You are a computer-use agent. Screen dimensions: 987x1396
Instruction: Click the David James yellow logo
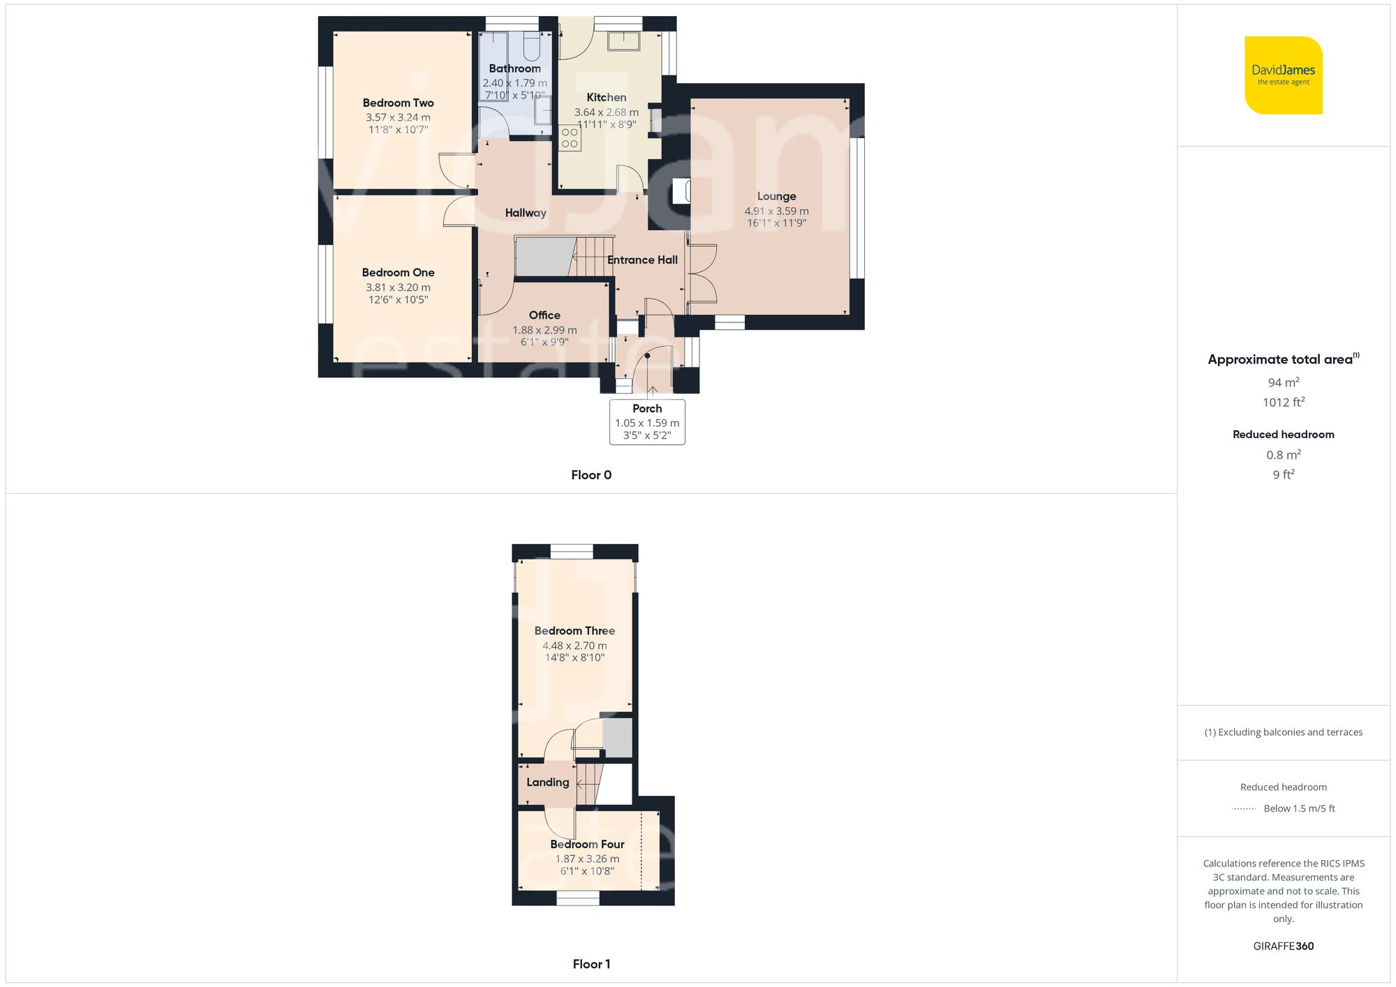(1283, 75)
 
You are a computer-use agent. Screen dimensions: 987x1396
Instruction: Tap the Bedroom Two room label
(398, 103)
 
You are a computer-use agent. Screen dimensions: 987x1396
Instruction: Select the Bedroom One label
(398, 273)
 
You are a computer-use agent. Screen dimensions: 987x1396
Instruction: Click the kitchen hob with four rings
(570, 138)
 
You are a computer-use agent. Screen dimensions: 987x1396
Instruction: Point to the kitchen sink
(623, 40)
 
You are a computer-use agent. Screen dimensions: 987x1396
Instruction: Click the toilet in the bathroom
(531, 47)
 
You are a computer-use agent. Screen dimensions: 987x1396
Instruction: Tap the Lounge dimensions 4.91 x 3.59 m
(776, 211)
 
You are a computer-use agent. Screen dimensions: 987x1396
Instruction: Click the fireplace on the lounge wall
(681, 191)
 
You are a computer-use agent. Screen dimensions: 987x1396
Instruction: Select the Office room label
(544, 315)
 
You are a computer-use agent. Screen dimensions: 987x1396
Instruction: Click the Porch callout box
(647, 421)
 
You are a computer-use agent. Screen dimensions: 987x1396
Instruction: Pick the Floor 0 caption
(591, 475)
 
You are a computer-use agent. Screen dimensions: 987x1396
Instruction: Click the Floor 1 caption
(591, 964)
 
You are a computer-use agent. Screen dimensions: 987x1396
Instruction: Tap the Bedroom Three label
(574, 631)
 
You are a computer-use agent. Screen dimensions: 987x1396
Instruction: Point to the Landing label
(547, 782)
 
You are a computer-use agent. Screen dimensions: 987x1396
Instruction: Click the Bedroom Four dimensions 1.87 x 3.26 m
(587, 859)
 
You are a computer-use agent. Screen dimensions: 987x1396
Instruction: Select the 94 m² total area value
(1283, 382)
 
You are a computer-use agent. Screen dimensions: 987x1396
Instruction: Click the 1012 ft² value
(1283, 402)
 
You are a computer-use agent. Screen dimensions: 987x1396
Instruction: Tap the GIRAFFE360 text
(1283, 946)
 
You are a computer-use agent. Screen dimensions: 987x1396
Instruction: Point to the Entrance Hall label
(642, 260)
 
